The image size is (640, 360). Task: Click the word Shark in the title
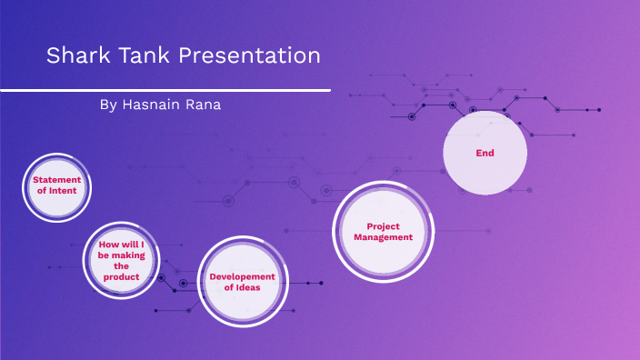coord(76,56)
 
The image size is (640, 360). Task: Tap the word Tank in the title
coord(142,56)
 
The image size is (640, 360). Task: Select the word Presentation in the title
coord(249,56)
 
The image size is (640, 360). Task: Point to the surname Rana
coord(204,105)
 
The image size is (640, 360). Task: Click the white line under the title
coord(165,90)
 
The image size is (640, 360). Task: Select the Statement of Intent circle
coord(57,187)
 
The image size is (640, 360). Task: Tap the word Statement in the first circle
coord(57,180)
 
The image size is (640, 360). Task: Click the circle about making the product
coord(122,260)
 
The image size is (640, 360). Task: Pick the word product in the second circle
coord(122,276)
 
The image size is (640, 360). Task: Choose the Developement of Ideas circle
coord(237,282)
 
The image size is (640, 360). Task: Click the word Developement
coord(242,276)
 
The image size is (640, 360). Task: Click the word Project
coord(383,225)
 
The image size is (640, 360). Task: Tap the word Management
coord(383,236)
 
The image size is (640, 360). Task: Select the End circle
coord(485,153)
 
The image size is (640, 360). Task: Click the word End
coord(485,153)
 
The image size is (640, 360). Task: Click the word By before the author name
coord(107,105)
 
